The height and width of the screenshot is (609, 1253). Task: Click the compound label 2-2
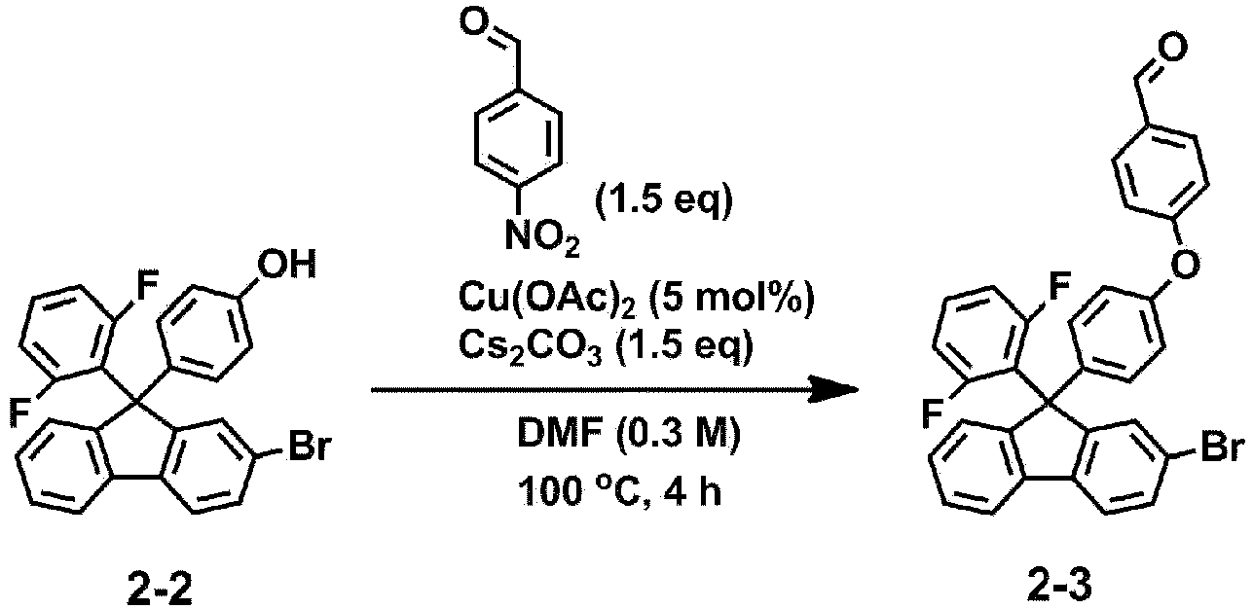tap(160, 588)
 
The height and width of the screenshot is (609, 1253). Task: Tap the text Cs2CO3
tap(531, 347)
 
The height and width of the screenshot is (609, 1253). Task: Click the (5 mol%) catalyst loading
tap(730, 299)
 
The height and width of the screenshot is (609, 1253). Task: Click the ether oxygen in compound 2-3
tap(1185, 263)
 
